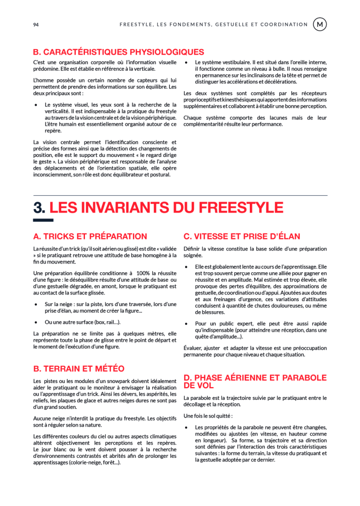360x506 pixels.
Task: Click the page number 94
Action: click(36, 24)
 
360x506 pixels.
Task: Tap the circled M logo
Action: click(320, 24)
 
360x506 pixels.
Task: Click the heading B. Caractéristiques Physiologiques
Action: click(118, 52)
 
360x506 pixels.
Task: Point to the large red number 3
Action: click(39, 207)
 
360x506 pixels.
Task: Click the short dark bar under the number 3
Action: click(43, 220)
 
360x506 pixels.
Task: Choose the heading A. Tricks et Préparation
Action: click(90, 236)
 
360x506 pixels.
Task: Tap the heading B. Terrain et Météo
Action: click(79, 368)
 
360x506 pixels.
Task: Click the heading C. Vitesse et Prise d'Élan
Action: click(242, 236)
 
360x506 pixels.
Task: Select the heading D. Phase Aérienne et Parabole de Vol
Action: click(255, 382)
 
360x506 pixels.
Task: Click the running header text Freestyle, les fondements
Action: click(213, 24)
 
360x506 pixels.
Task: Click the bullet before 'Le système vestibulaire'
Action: click(187, 62)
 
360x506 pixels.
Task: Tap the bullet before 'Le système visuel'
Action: click(36, 105)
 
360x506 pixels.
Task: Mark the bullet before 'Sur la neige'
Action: click(36, 304)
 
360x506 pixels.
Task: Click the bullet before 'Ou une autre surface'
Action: click(36, 322)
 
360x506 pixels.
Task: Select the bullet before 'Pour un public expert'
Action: click(187, 323)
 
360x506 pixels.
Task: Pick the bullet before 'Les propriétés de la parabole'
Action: click(187, 428)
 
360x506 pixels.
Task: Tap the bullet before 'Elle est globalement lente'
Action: click(187, 267)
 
